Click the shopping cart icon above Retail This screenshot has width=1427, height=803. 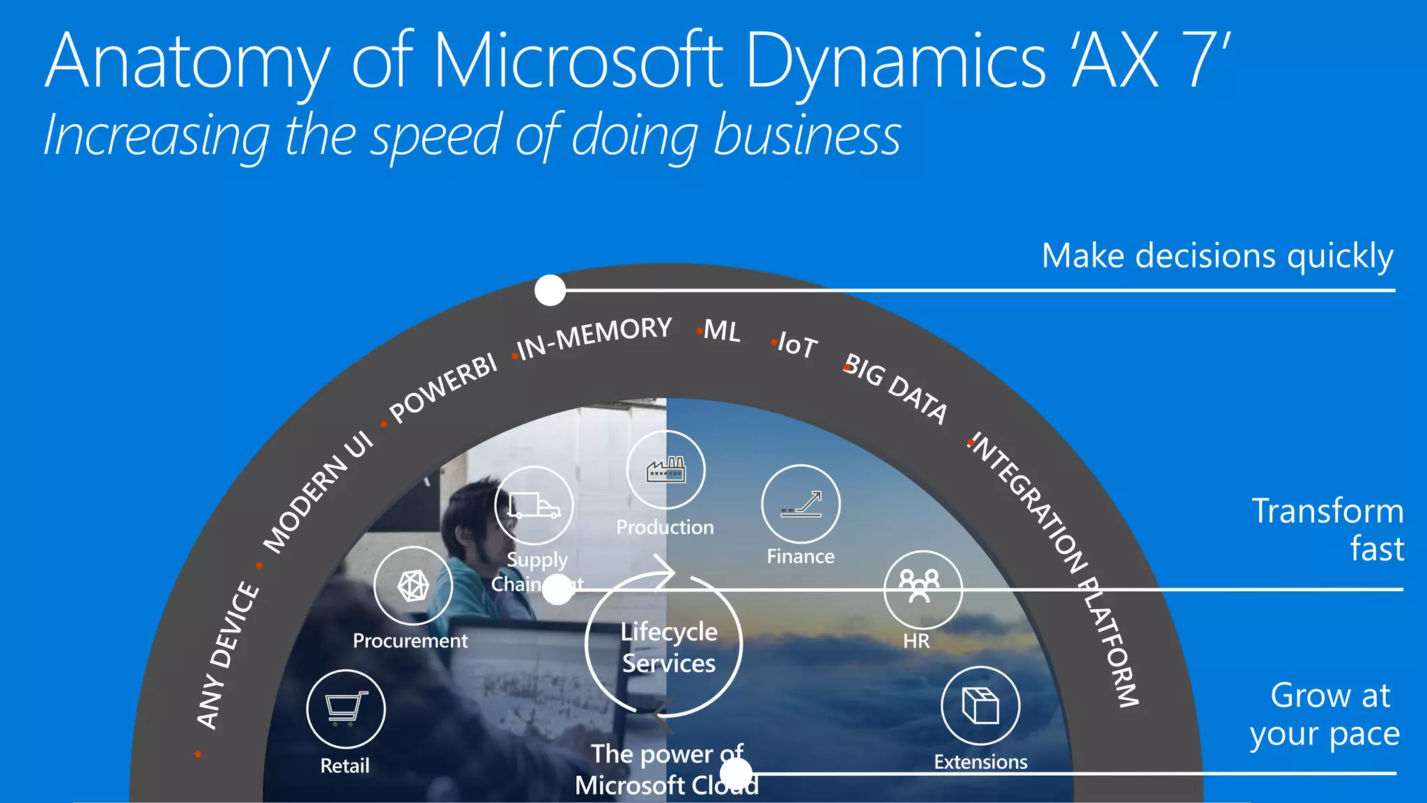[346, 708]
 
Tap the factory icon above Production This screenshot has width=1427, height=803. [665, 470]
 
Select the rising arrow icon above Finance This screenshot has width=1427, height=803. [801, 503]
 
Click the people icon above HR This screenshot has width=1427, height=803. [920, 588]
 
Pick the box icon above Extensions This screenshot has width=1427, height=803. [980, 705]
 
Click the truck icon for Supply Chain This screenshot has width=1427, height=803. [534, 505]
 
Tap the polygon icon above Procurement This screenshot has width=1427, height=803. [412, 586]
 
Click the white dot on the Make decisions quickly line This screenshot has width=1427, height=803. [550, 290]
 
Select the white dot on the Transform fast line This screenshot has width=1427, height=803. [557, 590]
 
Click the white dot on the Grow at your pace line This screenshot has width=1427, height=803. [736, 773]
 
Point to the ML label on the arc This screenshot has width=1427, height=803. [722, 330]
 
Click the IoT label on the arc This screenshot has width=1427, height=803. [797, 345]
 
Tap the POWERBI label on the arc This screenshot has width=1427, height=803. [443, 388]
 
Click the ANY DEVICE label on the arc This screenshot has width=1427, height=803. [227, 655]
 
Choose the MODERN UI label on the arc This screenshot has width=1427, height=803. [318, 491]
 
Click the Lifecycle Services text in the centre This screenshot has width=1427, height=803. [669, 647]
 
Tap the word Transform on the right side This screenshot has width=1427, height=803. [1327, 511]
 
